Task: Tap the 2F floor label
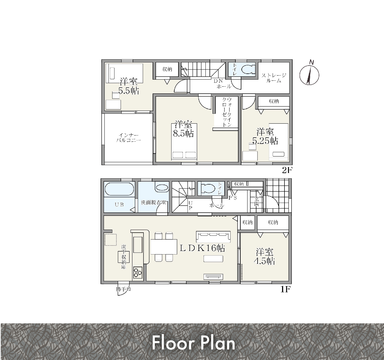click(x=287, y=170)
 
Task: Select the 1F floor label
click(x=285, y=289)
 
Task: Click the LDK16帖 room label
click(x=202, y=248)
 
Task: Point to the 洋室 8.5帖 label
click(x=183, y=129)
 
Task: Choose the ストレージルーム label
click(x=274, y=78)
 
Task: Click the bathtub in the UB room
click(x=119, y=189)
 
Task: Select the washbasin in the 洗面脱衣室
click(x=162, y=188)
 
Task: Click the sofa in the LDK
click(x=213, y=237)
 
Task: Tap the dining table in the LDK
click(x=164, y=247)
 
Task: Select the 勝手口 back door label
click(x=124, y=289)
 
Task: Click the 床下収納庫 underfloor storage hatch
click(x=124, y=257)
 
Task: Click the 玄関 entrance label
click(x=256, y=201)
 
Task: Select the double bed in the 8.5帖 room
click(x=184, y=142)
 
